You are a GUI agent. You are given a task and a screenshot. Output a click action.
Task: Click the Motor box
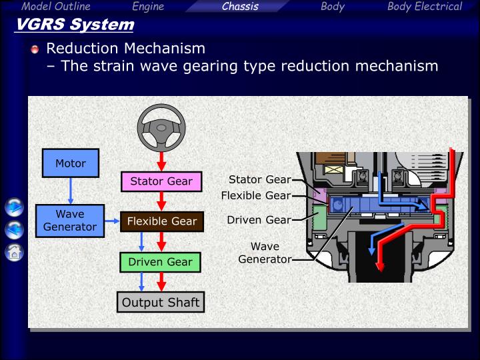(70, 163)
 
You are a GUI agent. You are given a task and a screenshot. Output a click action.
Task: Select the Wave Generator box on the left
(70, 221)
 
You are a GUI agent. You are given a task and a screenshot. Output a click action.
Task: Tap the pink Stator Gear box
(161, 181)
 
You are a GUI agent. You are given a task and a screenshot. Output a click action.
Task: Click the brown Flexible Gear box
(161, 221)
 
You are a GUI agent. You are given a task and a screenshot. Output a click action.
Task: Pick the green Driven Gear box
(160, 262)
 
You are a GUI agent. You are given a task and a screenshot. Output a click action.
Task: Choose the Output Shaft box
(161, 303)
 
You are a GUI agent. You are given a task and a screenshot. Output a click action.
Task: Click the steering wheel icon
(161, 127)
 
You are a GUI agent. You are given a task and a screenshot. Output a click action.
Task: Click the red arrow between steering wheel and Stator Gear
(161, 161)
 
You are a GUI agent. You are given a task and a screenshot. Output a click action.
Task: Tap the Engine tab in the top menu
(148, 7)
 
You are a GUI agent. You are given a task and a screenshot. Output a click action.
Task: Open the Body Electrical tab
(425, 7)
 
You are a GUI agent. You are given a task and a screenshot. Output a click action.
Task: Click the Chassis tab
(240, 7)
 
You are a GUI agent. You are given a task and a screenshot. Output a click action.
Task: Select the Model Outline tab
(56, 7)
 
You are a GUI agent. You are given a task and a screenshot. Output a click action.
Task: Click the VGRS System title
(74, 25)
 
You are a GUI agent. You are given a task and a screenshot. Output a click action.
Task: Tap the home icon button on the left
(14, 252)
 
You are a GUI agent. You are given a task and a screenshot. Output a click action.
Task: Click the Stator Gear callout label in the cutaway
(259, 179)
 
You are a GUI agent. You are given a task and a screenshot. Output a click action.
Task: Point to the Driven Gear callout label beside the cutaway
(259, 219)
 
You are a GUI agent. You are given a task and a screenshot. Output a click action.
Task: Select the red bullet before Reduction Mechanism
(35, 49)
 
